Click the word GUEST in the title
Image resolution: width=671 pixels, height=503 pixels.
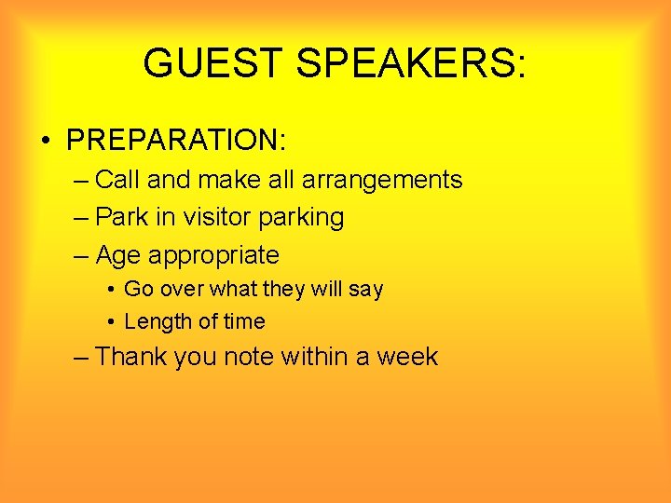point(212,63)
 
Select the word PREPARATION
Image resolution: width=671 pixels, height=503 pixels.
point(176,141)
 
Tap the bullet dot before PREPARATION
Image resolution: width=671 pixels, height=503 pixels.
point(45,142)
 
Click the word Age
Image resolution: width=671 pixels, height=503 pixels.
point(118,255)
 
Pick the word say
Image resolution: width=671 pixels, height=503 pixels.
point(365,290)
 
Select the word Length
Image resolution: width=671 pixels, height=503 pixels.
point(156,322)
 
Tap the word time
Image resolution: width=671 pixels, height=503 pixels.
point(244,321)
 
